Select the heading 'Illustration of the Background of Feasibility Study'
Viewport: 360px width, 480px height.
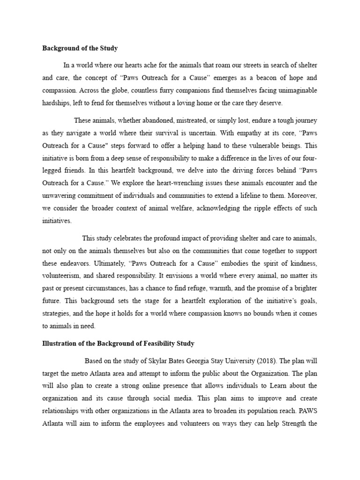click(118, 344)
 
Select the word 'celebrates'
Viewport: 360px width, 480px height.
click(136, 239)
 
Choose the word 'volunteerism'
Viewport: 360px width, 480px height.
click(61, 277)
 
